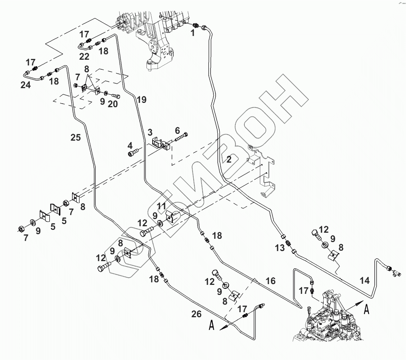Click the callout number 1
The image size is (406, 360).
pyautogui.click(x=193, y=33)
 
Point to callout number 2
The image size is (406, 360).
pyautogui.click(x=229, y=159)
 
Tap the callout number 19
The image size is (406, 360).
pyautogui.click(x=142, y=100)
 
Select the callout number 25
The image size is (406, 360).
pyautogui.click(x=76, y=137)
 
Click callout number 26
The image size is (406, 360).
pyautogui.click(x=196, y=314)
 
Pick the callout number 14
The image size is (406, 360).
pyautogui.click(x=365, y=281)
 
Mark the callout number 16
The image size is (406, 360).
pyautogui.click(x=270, y=281)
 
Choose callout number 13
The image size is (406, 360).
pyautogui.click(x=280, y=248)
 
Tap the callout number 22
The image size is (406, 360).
pyautogui.click(x=84, y=56)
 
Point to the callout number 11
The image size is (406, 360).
pyautogui.click(x=162, y=206)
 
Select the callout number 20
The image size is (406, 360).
pyautogui.click(x=113, y=104)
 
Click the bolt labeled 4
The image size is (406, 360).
pyautogui.click(x=132, y=154)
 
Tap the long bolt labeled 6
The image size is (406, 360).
pyautogui.click(x=181, y=137)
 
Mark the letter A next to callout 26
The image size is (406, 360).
pyautogui.click(x=211, y=326)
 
